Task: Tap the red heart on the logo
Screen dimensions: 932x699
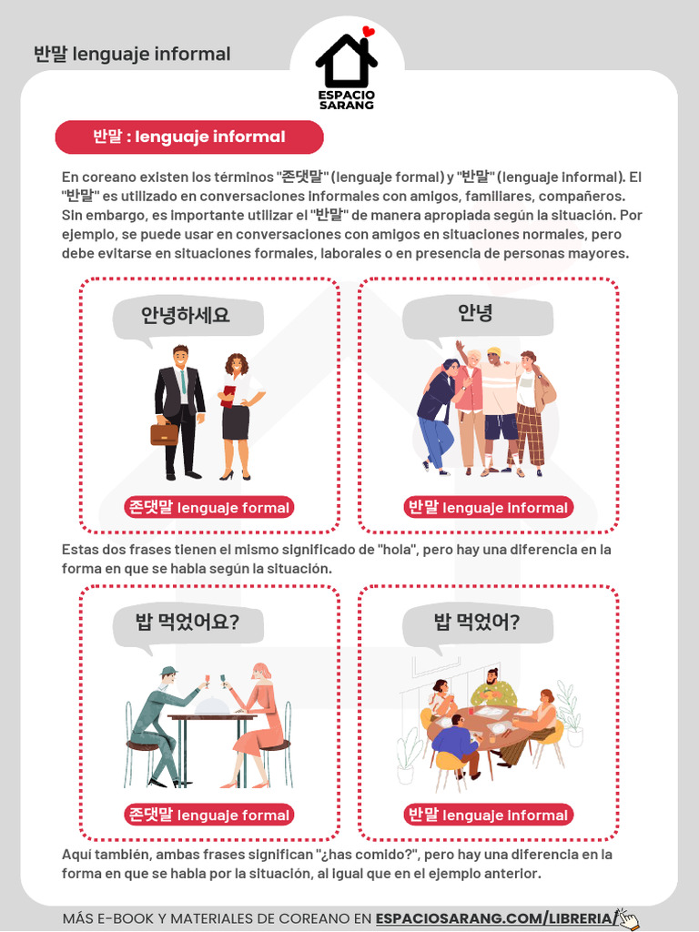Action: pos(368,32)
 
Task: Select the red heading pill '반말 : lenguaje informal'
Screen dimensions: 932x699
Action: pos(189,137)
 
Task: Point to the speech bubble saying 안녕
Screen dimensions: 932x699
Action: pos(477,315)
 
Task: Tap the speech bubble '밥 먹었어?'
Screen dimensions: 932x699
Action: pos(477,623)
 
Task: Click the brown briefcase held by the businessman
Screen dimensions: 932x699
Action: pos(164,433)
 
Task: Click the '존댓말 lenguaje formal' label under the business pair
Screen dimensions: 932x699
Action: pos(209,508)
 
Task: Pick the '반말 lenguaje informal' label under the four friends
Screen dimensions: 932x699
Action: pos(489,508)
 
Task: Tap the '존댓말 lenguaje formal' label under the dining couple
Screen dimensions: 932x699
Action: pos(209,815)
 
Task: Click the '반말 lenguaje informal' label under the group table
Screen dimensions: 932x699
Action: pos(489,815)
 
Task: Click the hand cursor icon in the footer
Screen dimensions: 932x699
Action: pos(627,918)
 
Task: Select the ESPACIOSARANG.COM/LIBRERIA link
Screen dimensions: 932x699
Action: pos(494,919)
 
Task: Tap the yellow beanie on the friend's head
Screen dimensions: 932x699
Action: pos(494,351)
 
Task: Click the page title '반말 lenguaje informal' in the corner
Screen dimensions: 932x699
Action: pos(132,55)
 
